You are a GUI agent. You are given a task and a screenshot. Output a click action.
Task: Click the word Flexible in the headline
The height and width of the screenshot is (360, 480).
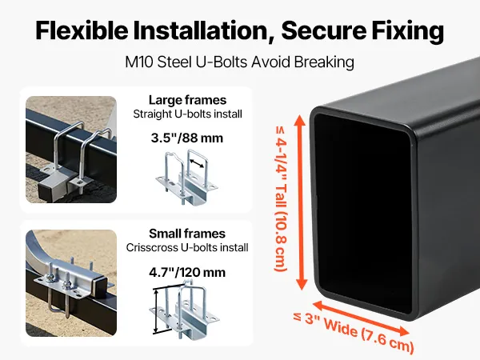click(x=82, y=30)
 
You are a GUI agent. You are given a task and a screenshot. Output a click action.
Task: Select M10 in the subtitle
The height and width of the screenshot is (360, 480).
click(x=138, y=62)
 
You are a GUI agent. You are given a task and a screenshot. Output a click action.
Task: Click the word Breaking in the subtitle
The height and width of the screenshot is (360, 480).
click(x=324, y=62)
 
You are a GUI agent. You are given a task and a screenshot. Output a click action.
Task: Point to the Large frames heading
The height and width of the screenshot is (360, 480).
click(x=188, y=100)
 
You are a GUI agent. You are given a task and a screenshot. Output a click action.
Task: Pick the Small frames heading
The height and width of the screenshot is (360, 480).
click(x=187, y=234)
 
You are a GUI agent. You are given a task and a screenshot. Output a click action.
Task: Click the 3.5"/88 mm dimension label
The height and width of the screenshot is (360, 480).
click(x=187, y=138)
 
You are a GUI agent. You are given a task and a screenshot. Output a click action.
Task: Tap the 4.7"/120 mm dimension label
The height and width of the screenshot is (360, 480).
click(x=187, y=272)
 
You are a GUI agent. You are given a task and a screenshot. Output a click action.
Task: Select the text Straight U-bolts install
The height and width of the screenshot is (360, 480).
click(x=188, y=114)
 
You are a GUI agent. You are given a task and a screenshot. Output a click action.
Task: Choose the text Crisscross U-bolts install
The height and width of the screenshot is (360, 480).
click(x=187, y=247)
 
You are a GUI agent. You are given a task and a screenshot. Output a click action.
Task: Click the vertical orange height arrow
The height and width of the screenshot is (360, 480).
click(x=301, y=202)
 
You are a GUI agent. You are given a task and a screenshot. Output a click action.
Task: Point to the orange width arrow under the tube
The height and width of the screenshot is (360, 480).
click(x=362, y=318)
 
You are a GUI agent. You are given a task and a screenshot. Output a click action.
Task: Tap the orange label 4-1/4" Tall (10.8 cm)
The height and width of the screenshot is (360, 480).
click(x=281, y=199)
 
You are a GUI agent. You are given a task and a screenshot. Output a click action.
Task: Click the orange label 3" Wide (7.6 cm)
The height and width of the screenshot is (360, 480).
click(x=354, y=332)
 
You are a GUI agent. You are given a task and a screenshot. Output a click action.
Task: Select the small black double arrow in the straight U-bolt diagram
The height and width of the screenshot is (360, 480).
click(x=197, y=163)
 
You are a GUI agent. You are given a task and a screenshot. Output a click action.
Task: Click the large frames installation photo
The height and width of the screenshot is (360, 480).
click(x=71, y=150)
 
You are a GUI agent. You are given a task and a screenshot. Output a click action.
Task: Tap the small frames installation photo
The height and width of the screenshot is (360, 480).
click(x=71, y=283)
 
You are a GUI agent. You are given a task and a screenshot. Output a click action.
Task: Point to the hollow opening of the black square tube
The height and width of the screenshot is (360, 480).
click(x=362, y=214)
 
